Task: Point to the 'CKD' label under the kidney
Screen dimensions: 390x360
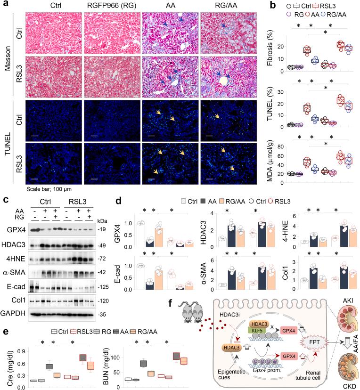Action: (339, 385)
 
